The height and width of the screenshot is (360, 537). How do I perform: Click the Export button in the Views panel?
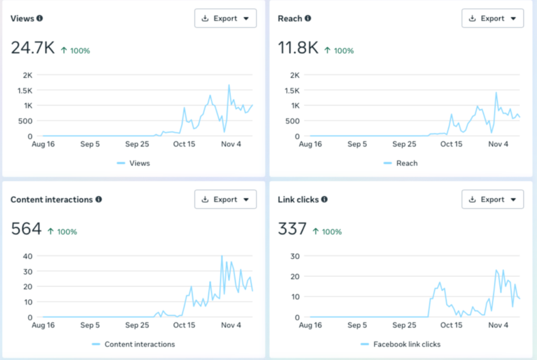(225, 18)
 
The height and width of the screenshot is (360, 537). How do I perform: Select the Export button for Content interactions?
(225, 199)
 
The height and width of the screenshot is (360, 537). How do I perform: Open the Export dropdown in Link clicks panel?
(492, 199)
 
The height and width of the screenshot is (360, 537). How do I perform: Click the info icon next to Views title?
(40, 18)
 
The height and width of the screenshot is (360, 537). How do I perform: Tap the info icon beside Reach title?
(308, 18)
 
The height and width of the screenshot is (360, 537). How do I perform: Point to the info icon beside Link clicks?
(324, 199)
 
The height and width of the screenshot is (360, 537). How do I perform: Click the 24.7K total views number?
(33, 48)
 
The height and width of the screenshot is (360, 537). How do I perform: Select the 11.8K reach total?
(298, 48)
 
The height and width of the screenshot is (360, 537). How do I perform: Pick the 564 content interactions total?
(26, 229)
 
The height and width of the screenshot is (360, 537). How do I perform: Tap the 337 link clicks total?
(292, 229)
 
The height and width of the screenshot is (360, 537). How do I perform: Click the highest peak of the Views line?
(229, 85)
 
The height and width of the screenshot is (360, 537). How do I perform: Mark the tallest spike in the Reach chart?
(496, 93)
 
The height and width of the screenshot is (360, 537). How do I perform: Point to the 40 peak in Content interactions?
(222, 256)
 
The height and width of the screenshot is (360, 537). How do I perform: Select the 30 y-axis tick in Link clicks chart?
(295, 256)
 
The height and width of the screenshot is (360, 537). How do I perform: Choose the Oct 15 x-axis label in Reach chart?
(451, 144)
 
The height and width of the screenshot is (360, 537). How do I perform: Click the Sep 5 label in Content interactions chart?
(90, 325)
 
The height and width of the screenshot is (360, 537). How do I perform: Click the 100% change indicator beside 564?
(62, 231)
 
